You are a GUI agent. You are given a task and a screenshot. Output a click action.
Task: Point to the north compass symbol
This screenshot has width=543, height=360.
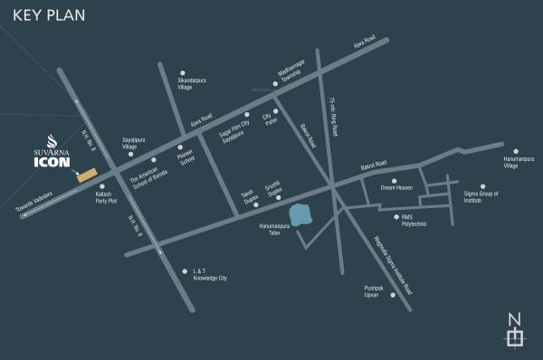click(x=514, y=330)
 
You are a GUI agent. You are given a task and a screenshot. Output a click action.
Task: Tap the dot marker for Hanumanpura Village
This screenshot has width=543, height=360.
click(x=517, y=152)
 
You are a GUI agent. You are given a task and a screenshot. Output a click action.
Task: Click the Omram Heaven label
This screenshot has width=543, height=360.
click(x=395, y=189)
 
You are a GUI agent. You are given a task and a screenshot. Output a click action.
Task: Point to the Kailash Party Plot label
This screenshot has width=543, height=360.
click(x=108, y=200)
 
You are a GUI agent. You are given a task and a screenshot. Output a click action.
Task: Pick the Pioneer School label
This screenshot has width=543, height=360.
click(x=186, y=159)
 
